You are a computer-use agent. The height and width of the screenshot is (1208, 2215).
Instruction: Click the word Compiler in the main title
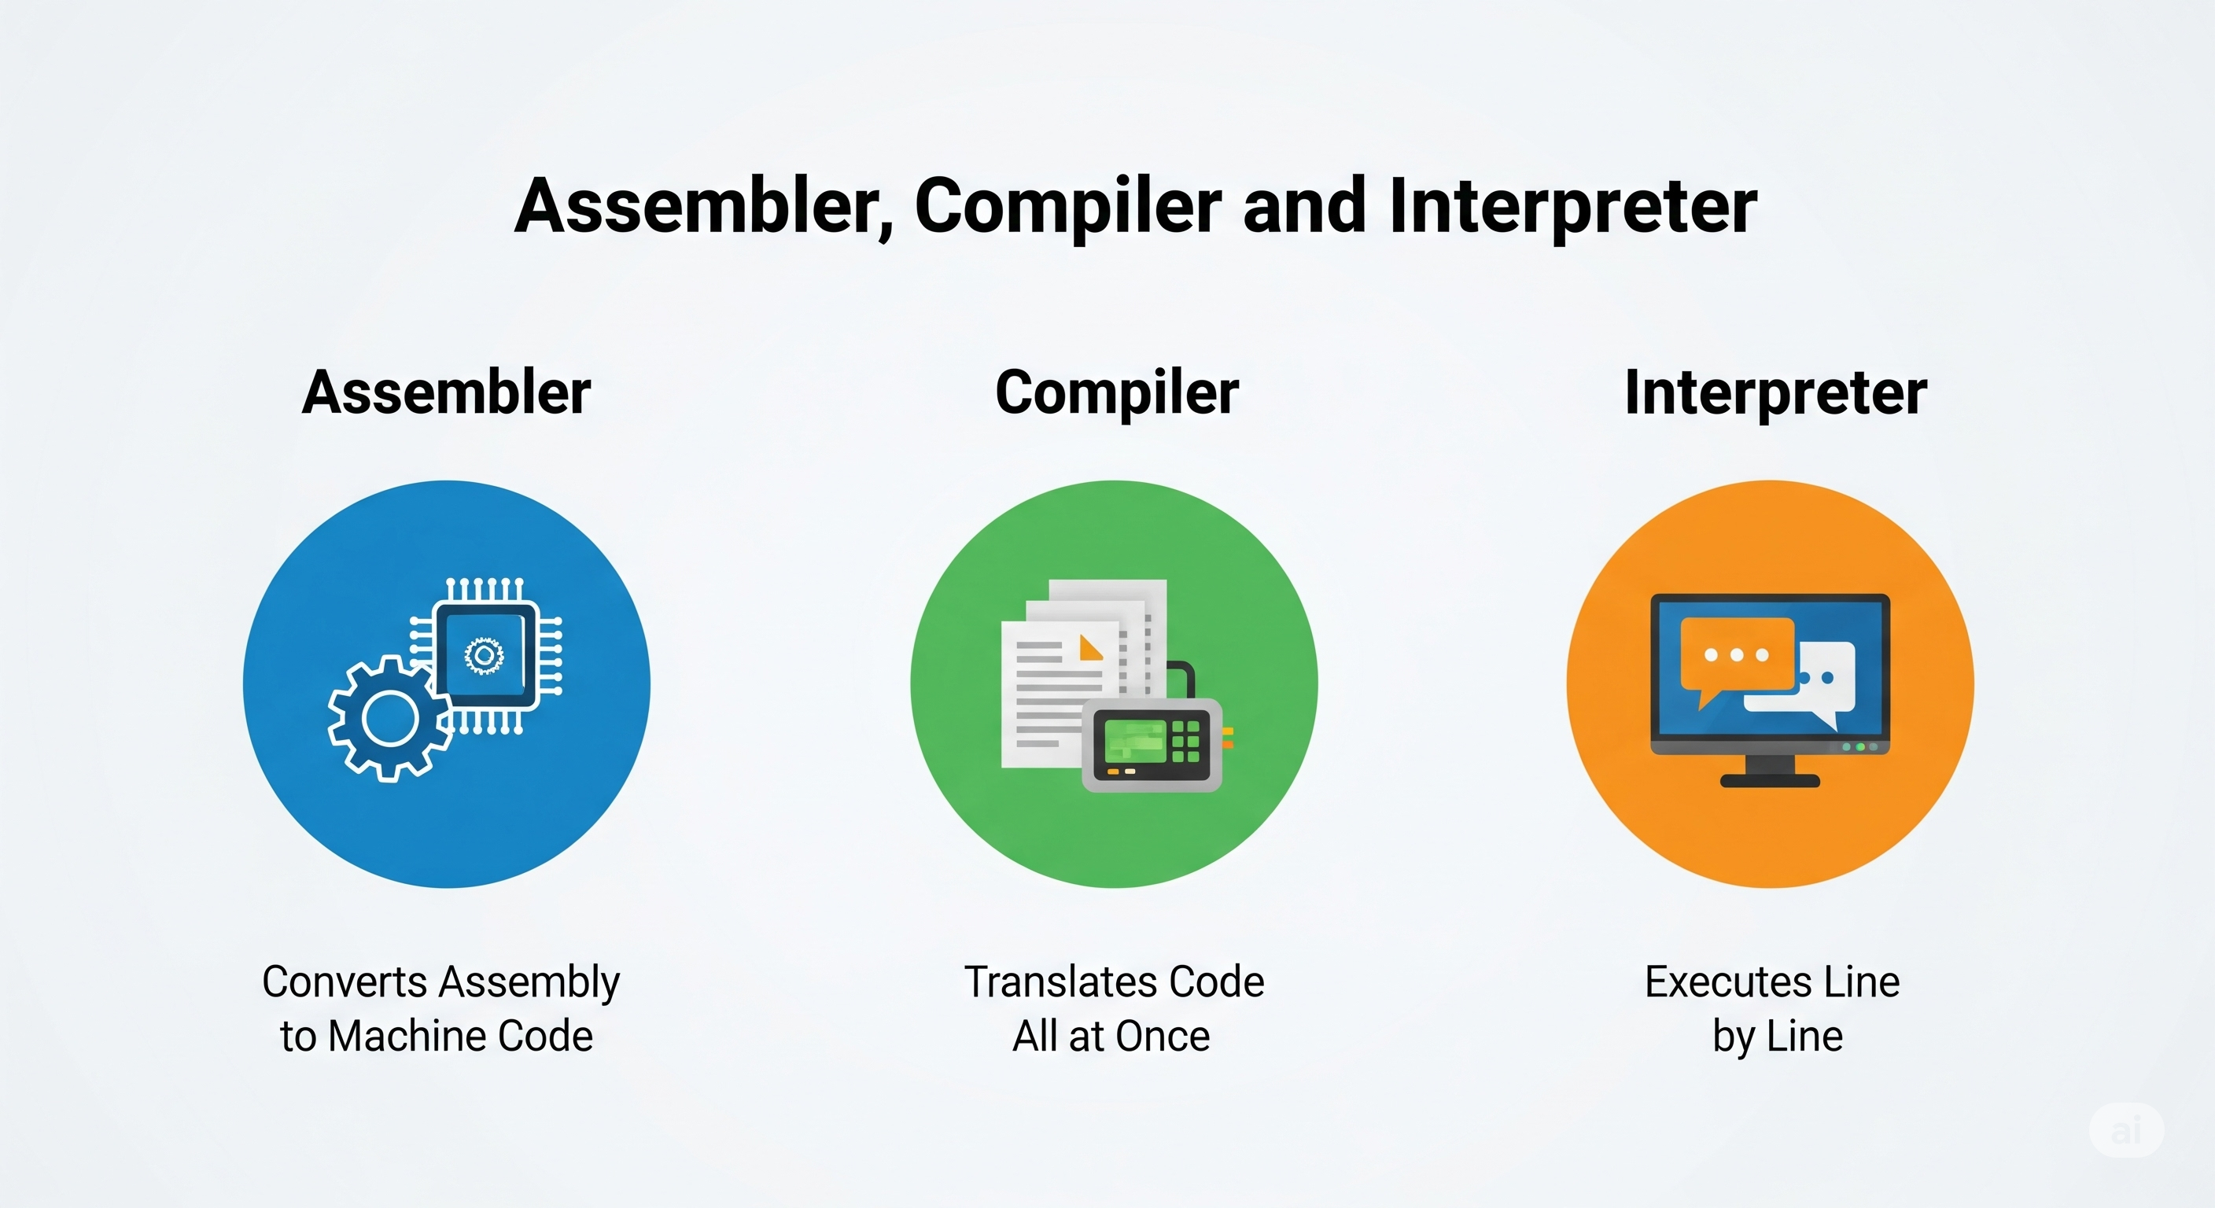tap(1067, 206)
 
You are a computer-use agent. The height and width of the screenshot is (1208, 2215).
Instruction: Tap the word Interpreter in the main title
tap(1572, 206)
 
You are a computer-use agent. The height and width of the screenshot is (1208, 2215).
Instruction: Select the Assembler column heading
tap(446, 393)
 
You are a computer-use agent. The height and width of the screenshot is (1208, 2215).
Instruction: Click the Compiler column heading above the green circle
tap(1116, 393)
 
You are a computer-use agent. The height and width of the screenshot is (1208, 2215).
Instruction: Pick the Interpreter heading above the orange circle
tap(1775, 393)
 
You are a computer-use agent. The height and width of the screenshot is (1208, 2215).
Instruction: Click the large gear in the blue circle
tap(389, 719)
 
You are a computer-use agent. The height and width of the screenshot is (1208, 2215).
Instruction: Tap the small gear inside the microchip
tap(484, 656)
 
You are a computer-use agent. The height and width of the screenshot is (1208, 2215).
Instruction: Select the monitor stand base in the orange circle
tap(1770, 781)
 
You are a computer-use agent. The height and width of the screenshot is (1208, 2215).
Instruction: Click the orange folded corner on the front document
tap(1090, 647)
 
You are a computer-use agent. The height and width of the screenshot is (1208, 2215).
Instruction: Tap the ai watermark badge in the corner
tap(2125, 1130)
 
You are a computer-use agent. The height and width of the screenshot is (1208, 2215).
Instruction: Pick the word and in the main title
tap(1303, 206)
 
